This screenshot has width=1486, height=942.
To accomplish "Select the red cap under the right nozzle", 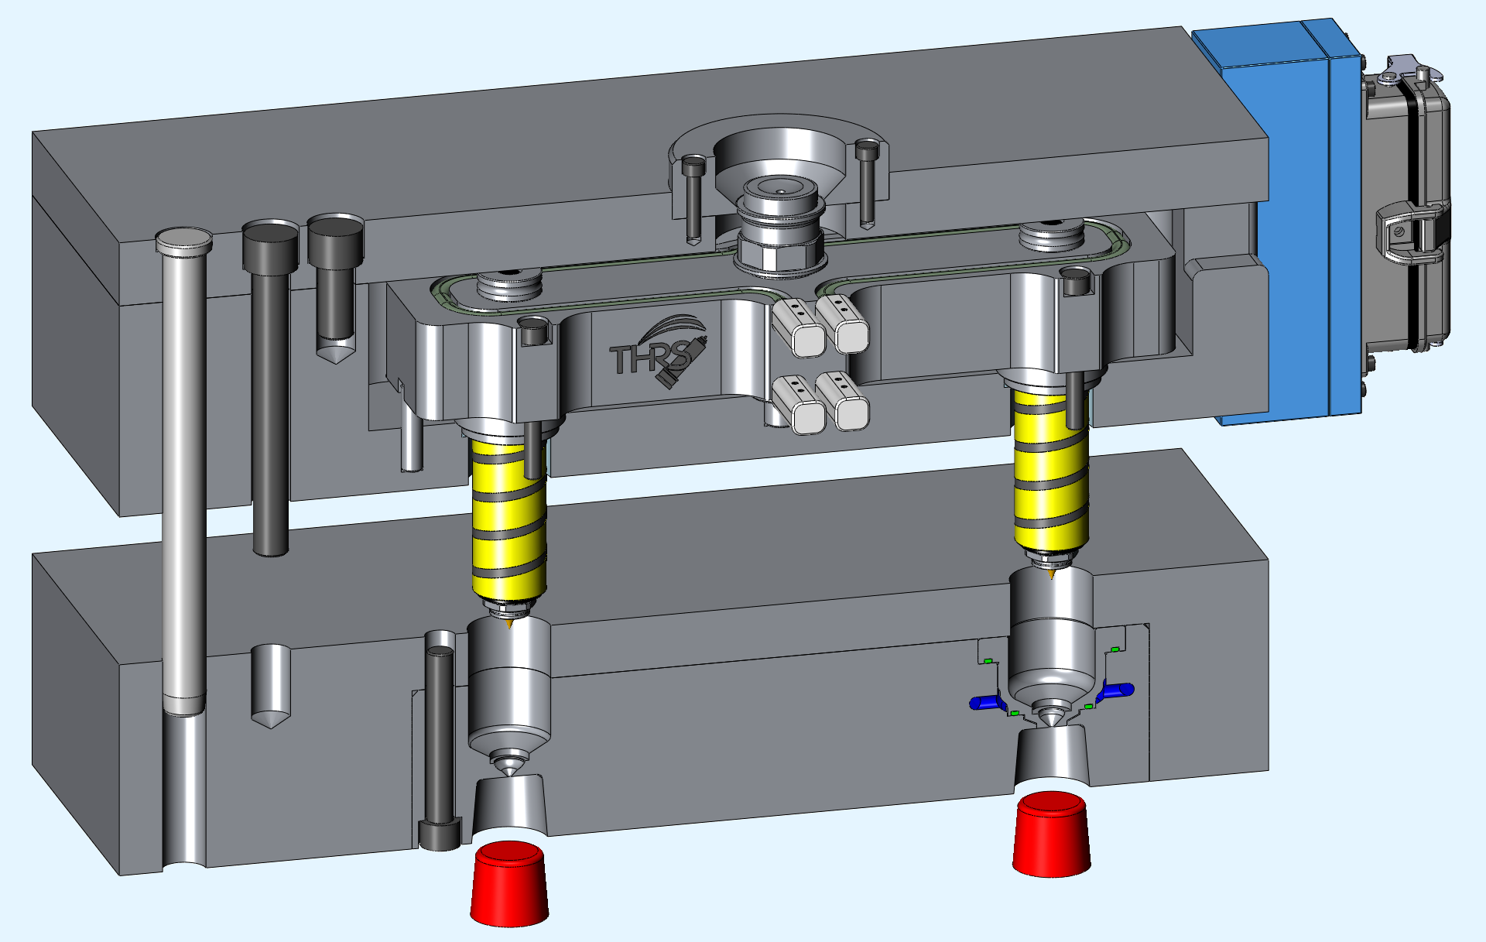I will tap(1052, 835).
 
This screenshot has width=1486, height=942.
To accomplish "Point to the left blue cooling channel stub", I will tap(987, 702).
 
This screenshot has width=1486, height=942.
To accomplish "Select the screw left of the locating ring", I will tap(693, 164).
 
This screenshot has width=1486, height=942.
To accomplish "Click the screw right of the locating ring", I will tap(867, 146).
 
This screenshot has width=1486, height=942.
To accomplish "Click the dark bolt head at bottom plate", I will tap(440, 836).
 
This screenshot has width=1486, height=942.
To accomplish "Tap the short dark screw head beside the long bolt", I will tap(335, 232).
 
